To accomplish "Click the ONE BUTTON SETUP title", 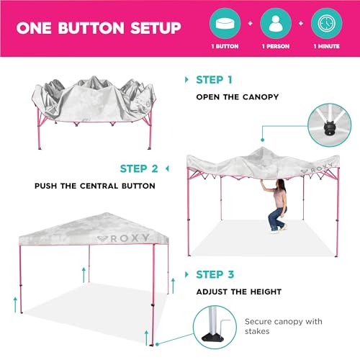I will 99,28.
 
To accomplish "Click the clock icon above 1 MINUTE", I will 326,22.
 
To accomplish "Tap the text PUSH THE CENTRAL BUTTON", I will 94,186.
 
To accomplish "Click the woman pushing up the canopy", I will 276,207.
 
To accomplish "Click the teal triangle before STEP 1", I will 189,79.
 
